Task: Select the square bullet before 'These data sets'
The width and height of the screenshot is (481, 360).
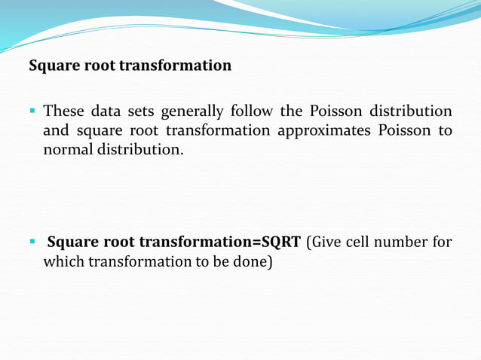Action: [x=32, y=111]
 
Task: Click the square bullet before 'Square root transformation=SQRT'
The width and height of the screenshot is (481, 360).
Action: [x=32, y=242]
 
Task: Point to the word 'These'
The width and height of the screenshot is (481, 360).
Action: [x=63, y=111]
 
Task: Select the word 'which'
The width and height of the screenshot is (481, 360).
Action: [x=64, y=261]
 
